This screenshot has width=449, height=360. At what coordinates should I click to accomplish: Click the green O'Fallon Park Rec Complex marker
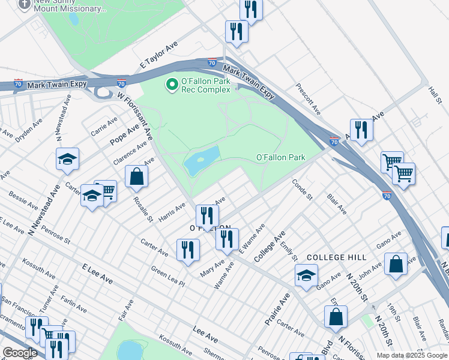[172, 85]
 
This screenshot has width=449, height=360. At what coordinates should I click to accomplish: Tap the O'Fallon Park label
[280, 158]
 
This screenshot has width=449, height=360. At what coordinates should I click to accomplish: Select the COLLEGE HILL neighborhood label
[336, 257]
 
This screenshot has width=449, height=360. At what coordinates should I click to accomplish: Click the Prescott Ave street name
[307, 99]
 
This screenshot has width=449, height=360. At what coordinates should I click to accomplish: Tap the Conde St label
[302, 189]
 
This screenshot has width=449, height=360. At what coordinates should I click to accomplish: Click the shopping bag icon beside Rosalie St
[136, 176]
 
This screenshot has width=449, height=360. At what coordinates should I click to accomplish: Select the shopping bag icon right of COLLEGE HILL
[396, 263]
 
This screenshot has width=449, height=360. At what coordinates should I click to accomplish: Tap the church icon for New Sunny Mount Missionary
[24, 4]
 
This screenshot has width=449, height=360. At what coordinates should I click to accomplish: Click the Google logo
[19, 352]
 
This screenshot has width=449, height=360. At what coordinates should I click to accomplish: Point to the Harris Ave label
[172, 211]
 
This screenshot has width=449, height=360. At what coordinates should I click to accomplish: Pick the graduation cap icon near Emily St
[306, 275]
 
